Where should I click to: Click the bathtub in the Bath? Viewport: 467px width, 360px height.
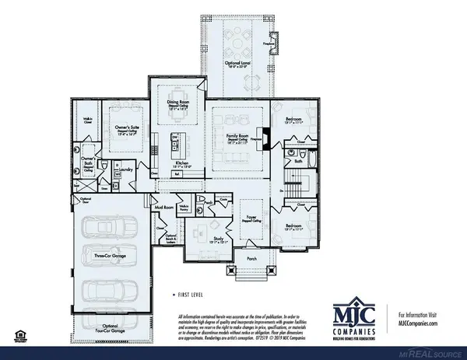click(x=308, y=164)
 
